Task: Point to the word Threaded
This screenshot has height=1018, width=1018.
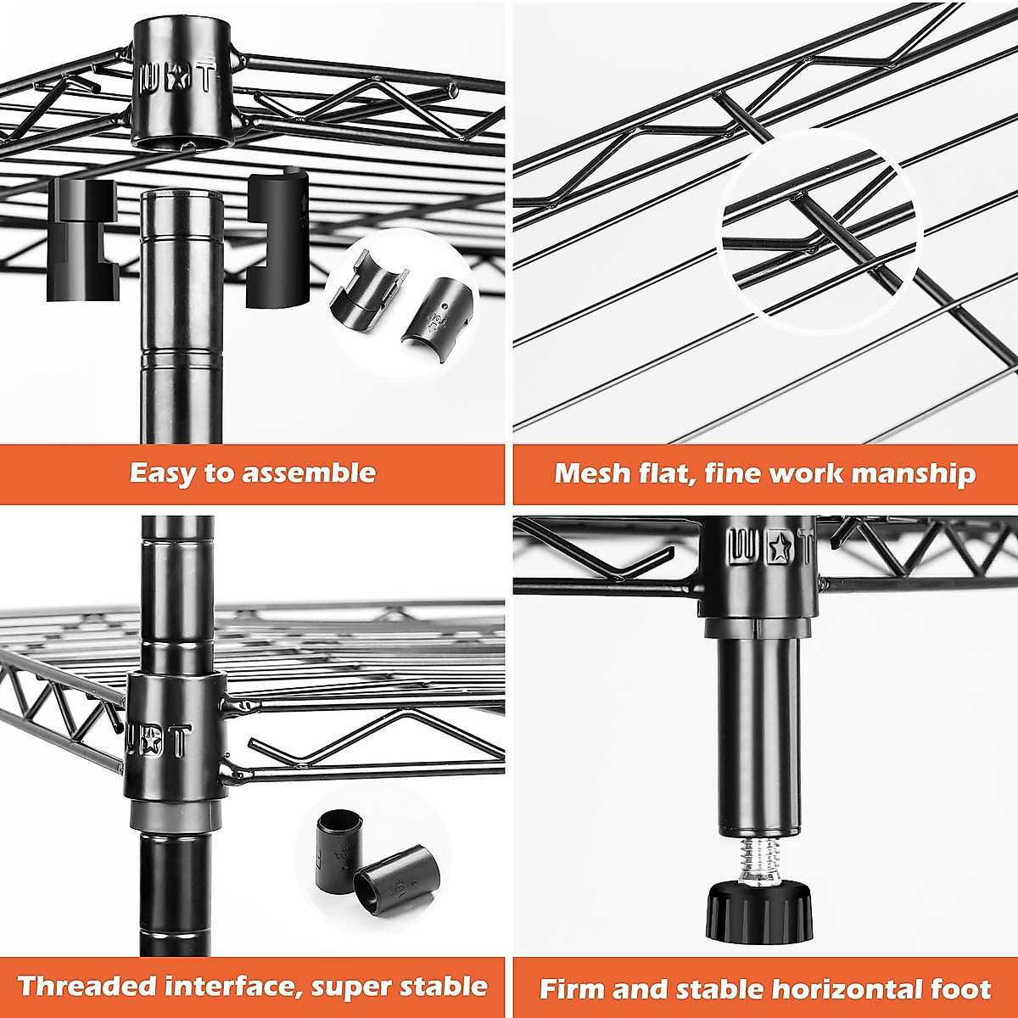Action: click(87, 986)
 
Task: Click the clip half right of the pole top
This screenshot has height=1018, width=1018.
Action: click(276, 238)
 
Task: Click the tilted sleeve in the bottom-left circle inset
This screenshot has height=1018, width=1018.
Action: click(398, 881)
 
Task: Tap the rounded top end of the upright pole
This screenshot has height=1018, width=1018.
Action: click(181, 199)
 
